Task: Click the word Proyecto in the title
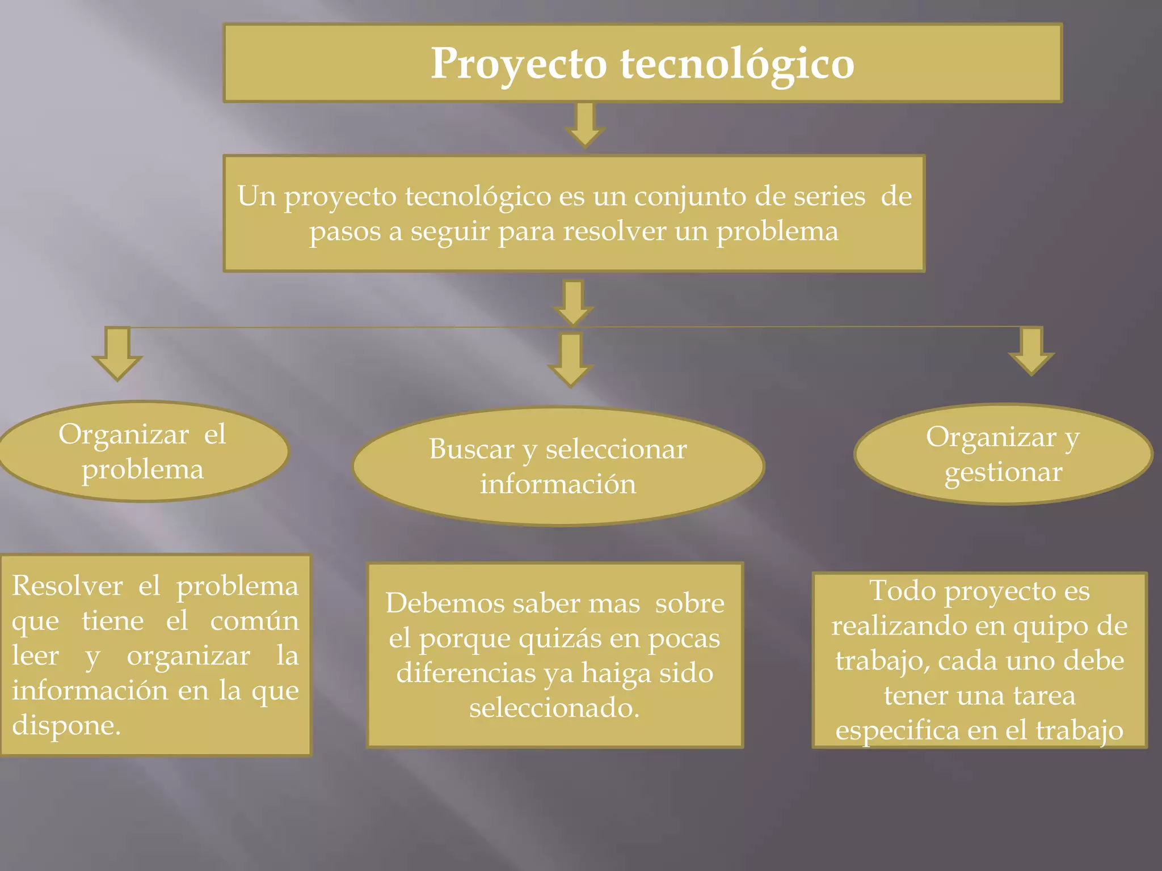519,64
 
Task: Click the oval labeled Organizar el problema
142,451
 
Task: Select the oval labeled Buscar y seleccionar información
558,466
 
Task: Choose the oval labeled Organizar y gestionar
1003,454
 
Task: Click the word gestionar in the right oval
1003,472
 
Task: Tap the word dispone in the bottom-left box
66,725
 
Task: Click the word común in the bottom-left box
254,621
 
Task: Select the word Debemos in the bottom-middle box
445,603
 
